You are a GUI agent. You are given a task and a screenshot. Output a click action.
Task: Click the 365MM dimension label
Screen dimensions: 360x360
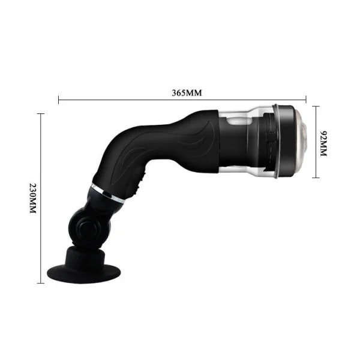pyautogui.click(x=187, y=93)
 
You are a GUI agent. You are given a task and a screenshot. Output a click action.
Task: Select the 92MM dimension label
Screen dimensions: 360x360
pyautogui.click(x=322, y=143)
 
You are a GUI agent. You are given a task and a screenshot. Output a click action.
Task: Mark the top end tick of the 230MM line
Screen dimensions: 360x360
pyautogui.click(x=41, y=113)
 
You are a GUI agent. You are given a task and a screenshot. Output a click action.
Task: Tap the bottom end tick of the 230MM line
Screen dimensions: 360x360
pyautogui.click(x=41, y=283)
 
